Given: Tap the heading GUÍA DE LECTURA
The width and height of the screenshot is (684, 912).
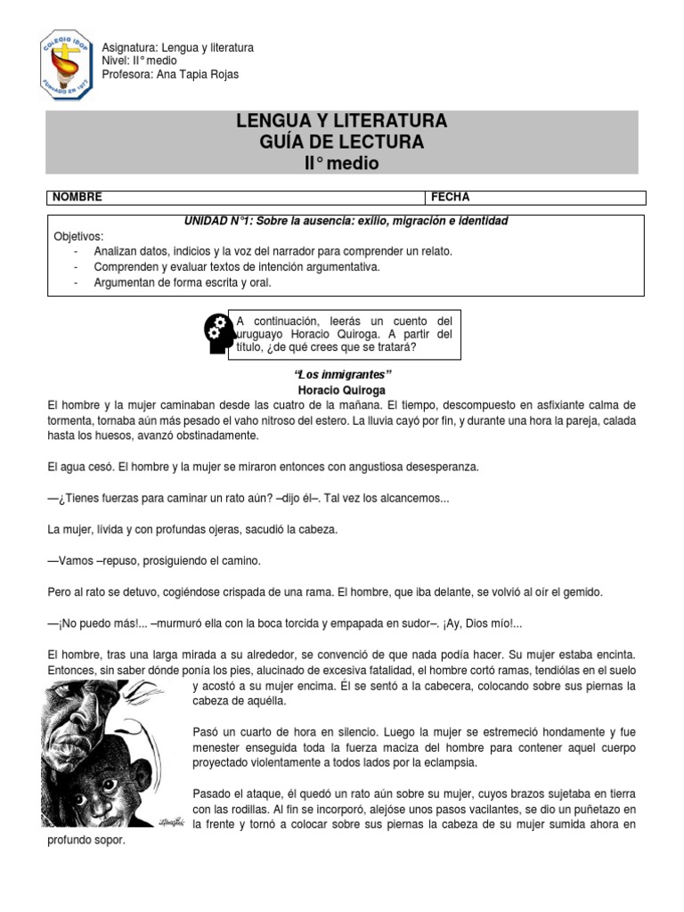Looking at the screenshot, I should tap(342, 142).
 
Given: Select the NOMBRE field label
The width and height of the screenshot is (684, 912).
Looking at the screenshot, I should tap(77, 197).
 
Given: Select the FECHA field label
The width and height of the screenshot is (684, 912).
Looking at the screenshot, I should tap(452, 197).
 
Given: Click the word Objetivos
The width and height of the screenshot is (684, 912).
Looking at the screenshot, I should tap(78, 236).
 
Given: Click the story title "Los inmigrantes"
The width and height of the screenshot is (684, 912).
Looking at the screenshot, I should tap(343, 374).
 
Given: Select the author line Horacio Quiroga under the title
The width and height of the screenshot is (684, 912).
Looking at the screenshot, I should tap(342, 390).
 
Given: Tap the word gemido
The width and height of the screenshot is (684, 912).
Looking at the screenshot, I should tap(582, 591).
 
